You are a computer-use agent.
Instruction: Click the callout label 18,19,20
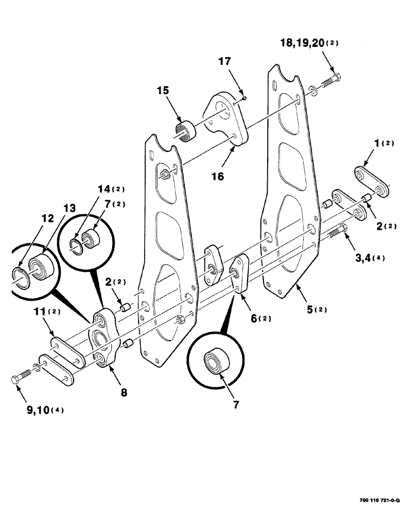click(x=298, y=43)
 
